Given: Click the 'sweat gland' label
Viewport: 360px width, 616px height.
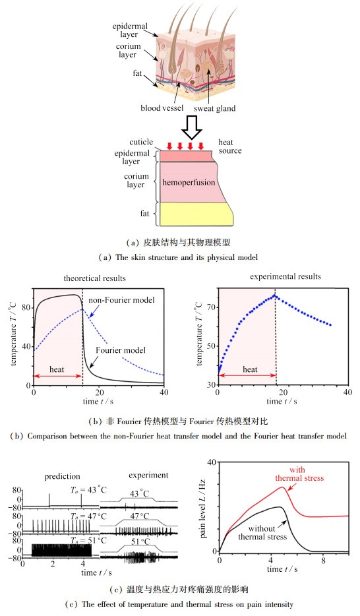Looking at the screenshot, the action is [215, 108].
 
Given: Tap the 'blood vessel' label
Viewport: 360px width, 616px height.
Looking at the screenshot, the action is [162, 108].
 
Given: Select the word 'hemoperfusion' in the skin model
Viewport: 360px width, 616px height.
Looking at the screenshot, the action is [189, 182].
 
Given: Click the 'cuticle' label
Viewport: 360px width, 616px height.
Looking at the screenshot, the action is [141, 142].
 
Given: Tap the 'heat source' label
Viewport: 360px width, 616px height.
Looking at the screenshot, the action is [230, 146].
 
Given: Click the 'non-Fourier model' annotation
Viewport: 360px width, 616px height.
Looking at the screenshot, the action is [121, 299].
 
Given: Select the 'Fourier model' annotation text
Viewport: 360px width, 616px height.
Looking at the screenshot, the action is [121, 350].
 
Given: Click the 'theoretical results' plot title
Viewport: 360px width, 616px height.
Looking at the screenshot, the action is [94, 278].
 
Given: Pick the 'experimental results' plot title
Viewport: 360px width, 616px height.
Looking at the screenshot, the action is [285, 276].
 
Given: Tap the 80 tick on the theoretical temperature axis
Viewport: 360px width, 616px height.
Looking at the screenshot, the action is [26, 307].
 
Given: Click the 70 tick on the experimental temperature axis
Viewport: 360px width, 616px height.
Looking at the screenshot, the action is [211, 307].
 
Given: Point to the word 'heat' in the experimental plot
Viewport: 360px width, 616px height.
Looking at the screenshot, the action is [250, 369].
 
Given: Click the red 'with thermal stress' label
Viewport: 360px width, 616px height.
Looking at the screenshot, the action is [299, 474].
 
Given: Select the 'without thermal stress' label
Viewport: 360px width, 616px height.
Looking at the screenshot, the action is [262, 532].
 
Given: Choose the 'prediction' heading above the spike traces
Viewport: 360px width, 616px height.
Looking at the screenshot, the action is [62, 477].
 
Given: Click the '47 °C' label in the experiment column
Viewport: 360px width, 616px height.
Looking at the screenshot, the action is [140, 516].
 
